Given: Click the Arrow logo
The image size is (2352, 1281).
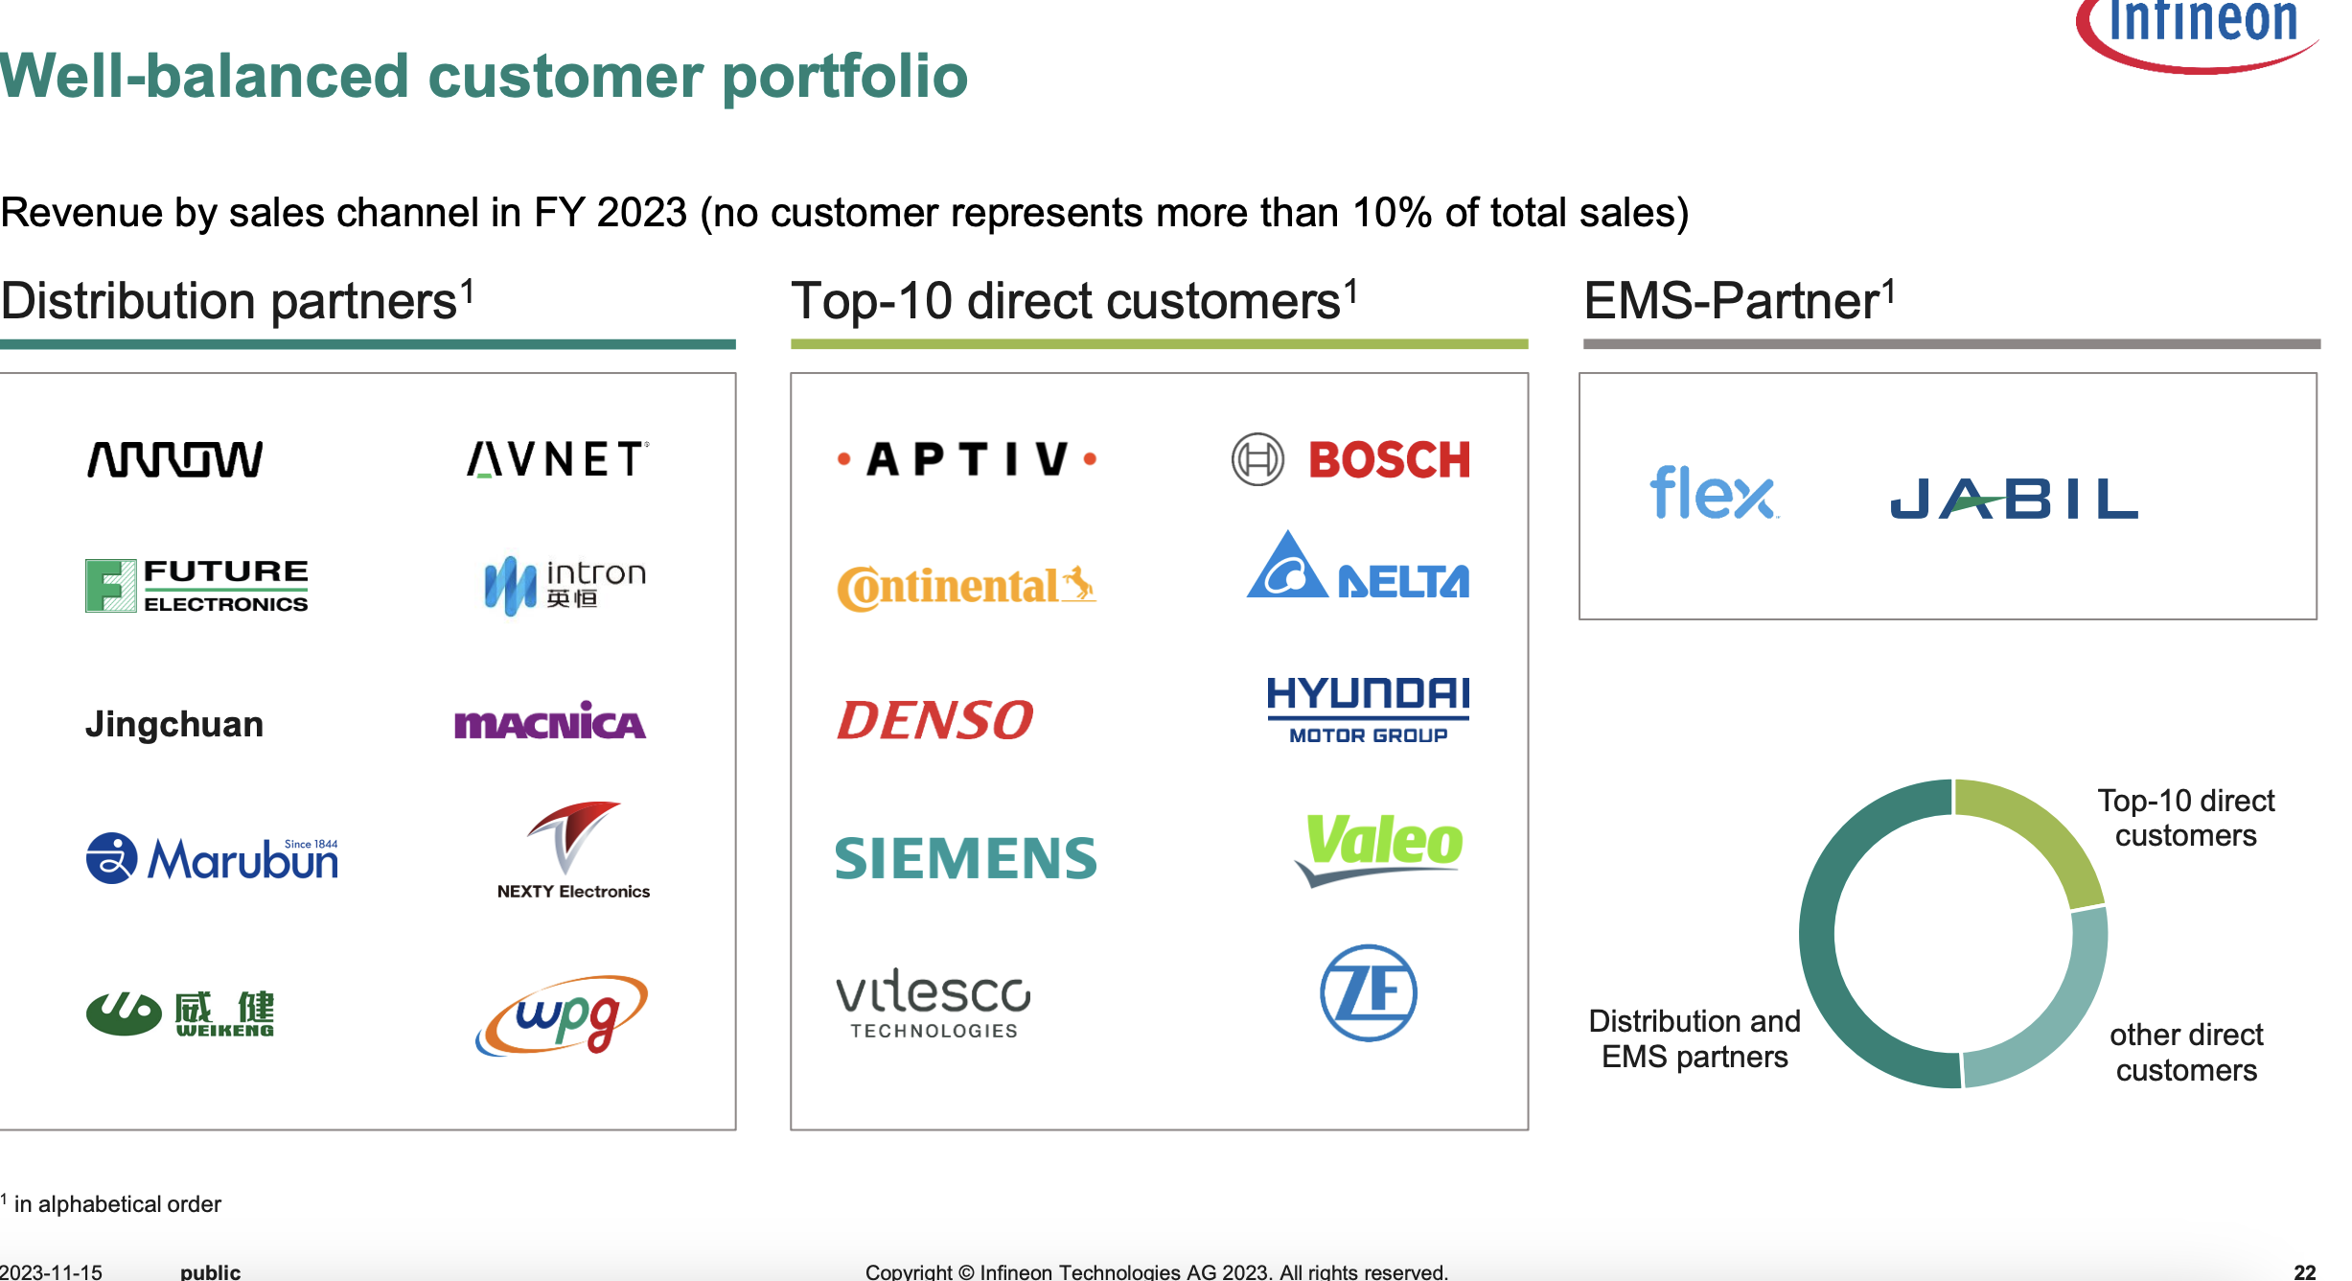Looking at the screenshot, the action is tap(174, 459).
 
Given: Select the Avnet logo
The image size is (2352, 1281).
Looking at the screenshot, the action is tap(558, 459).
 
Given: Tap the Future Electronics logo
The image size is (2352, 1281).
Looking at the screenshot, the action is tap(196, 586).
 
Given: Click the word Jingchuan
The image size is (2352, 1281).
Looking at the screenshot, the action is tap(174, 724).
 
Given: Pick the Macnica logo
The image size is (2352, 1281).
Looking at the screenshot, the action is tap(550, 721).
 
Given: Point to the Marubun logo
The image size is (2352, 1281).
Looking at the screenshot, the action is tap(212, 858).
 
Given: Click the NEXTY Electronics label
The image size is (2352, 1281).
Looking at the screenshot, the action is tap(573, 892).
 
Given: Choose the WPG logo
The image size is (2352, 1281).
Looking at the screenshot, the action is tap(562, 1015).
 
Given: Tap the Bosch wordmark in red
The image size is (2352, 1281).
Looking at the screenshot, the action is tap(1390, 460).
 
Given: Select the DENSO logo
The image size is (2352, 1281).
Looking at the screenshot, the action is tap(935, 720).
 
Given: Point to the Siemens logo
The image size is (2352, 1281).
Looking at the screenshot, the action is tap(966, 858).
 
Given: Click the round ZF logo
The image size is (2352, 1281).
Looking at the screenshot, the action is tap(1369, 992).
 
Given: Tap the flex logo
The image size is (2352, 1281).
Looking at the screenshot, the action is tap(1714, 493).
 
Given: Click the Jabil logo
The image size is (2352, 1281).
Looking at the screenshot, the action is tap(2014, 499).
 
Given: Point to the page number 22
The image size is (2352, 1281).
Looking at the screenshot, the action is tap(2305, 1271).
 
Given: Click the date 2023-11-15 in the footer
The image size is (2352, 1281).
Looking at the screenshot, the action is tap(51, 1271).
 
